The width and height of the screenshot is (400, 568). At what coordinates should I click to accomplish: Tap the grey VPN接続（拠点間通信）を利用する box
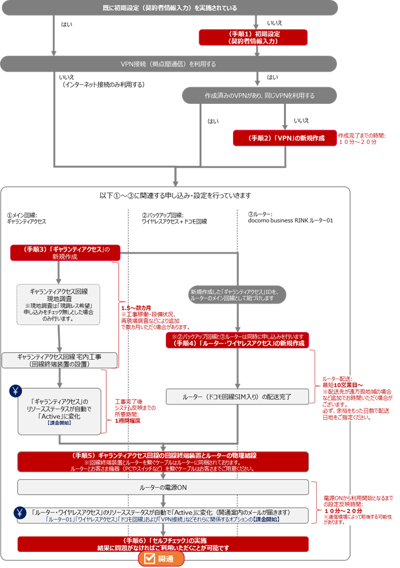[168, 64]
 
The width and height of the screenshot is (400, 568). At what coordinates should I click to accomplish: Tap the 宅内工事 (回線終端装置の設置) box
[60, 360]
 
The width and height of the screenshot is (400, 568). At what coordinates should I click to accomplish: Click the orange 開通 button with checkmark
[161, 559]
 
